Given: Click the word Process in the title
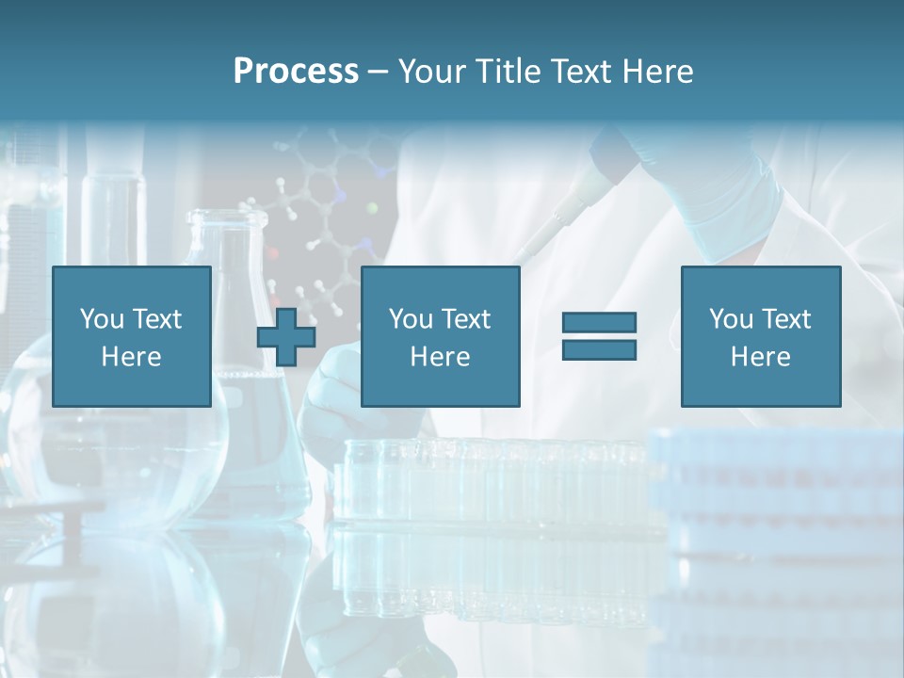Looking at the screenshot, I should pos(296,72).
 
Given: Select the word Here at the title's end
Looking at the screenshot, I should pos(656,72).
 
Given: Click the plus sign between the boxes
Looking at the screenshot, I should pos(286,336).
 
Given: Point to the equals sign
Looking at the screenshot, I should pos(599,336).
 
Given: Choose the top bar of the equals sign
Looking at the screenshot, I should pos(599,323).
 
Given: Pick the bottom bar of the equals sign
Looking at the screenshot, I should pos(599,349).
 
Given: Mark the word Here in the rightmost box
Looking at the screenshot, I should pos(760,357).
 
